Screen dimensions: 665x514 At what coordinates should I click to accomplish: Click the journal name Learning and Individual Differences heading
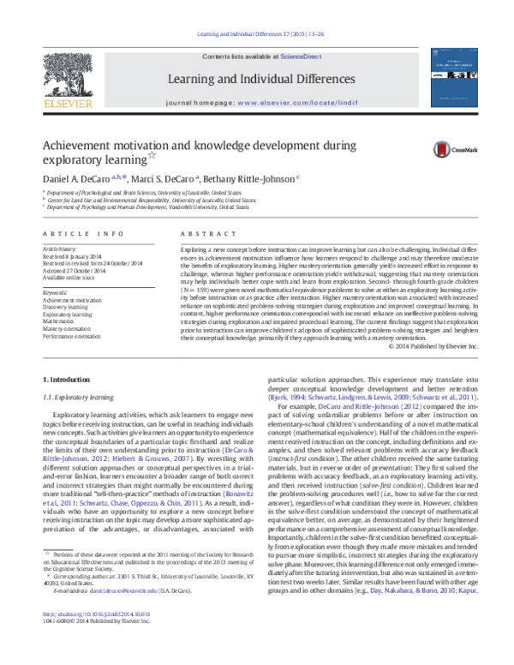[256, 79]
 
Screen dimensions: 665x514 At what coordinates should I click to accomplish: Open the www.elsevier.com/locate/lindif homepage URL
[289, 101]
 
